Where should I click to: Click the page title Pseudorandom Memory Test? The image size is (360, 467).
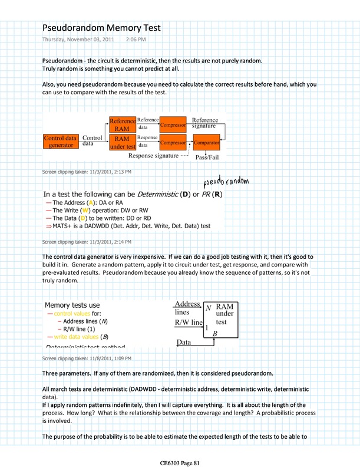click(101, 28)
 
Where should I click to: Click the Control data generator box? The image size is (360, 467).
click(61, 142)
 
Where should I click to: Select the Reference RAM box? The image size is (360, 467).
click(122, 125)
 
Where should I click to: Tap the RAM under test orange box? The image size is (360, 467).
click(122, 143)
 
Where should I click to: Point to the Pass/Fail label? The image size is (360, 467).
click(208, 158)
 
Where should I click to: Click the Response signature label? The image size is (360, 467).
click(153, 156)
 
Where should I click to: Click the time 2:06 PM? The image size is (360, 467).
click(136, 40)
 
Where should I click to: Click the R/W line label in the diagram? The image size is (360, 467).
click(189, 323)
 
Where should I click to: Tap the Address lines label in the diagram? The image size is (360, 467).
click(188, 308)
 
